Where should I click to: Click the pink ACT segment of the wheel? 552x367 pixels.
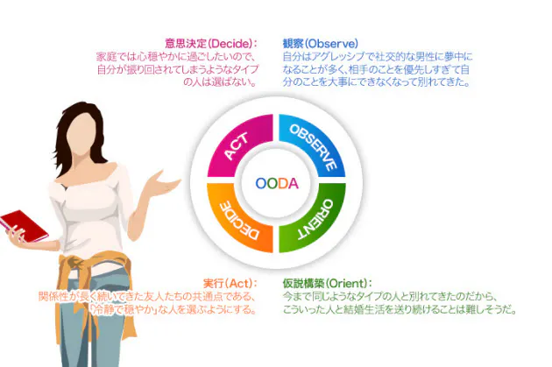231,145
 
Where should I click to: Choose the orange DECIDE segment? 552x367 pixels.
232,221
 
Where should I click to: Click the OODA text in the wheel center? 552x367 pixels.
277,184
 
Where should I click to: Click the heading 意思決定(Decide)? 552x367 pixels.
210,43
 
